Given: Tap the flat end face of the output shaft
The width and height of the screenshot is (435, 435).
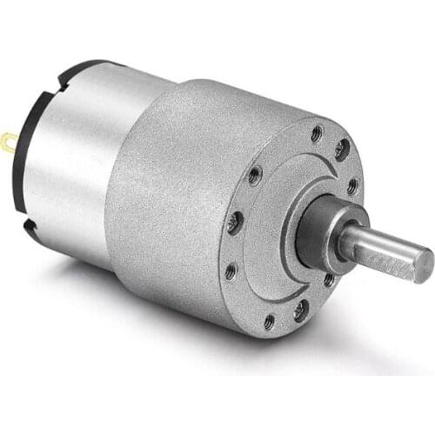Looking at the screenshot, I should tap(422, 264).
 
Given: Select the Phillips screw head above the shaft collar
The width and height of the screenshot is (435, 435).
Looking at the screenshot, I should tap(341, 150).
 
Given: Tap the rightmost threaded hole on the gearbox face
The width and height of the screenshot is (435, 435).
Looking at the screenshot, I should tap(352, 185).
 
